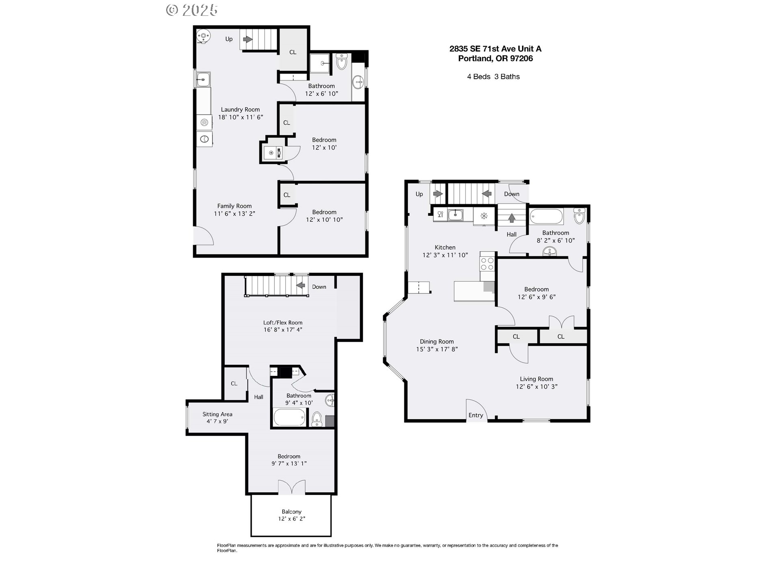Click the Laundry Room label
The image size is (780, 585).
(240, 109)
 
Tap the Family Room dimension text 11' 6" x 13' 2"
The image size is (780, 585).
(234, 214)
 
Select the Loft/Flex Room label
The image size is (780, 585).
(283, 323)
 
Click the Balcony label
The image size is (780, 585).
(292, 512)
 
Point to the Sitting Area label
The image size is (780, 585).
(217, 414)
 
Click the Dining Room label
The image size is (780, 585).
(437, 342)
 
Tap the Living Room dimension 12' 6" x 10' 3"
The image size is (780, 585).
(537, 387)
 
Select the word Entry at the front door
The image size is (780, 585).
(476, 415)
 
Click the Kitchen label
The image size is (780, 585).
(445, 247)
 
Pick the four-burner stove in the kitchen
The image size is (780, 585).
(487, 264)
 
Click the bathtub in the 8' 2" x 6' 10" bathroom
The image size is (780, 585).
(546, 216)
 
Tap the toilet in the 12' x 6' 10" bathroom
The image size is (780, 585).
(341, 62)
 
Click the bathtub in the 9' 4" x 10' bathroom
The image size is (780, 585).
(290, 418)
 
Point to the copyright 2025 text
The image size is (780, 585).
(192, 10)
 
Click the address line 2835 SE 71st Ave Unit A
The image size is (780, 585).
(495, 49)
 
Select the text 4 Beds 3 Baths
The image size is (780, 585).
(493, 76)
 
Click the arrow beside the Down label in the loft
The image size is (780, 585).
(301, 285)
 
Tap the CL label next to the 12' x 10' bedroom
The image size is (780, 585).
(286, 123)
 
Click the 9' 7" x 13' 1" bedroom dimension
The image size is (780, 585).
(289, 464)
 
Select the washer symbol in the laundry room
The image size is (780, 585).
(204, 122)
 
